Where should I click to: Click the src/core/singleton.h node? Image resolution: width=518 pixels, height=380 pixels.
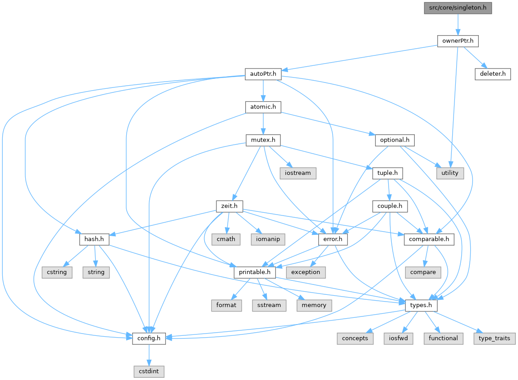(458, 8)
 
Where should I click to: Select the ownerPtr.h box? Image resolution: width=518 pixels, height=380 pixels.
(458, 41)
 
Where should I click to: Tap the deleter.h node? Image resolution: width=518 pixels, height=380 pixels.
(492, 74)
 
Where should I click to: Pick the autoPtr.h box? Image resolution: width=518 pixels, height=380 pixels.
(263, 74)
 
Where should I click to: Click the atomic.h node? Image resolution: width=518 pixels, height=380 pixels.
(263, 107)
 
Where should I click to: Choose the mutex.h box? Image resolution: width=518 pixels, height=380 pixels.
(263, 140)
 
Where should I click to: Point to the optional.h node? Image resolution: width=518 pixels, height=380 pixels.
(394, 140)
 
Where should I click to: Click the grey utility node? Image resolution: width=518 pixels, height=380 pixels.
(449, 173)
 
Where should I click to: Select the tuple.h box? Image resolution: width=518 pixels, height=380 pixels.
(387, 173)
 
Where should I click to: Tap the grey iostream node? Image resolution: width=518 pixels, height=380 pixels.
(298, 173)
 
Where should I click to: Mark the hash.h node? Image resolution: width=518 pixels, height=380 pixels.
(94, 239)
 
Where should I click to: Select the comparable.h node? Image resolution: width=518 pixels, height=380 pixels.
(429, 239)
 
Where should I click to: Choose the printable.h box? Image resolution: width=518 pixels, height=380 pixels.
(255, 272)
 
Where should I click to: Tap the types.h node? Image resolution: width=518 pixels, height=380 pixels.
(421, 306)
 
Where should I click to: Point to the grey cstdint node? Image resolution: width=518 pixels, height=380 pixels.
(149, 372)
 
